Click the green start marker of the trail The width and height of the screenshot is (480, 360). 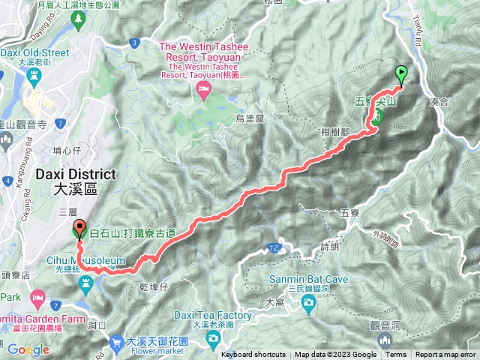401,74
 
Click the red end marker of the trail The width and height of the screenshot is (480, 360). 79,229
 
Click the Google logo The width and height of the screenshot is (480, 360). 28,349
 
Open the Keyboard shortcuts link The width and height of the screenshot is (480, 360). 253,355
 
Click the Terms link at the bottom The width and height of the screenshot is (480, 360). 396,355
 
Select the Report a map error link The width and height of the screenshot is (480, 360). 446,355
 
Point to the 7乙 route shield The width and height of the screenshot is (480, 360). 274,247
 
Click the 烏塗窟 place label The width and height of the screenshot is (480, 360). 250,118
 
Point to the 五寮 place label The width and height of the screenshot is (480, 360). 350,213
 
